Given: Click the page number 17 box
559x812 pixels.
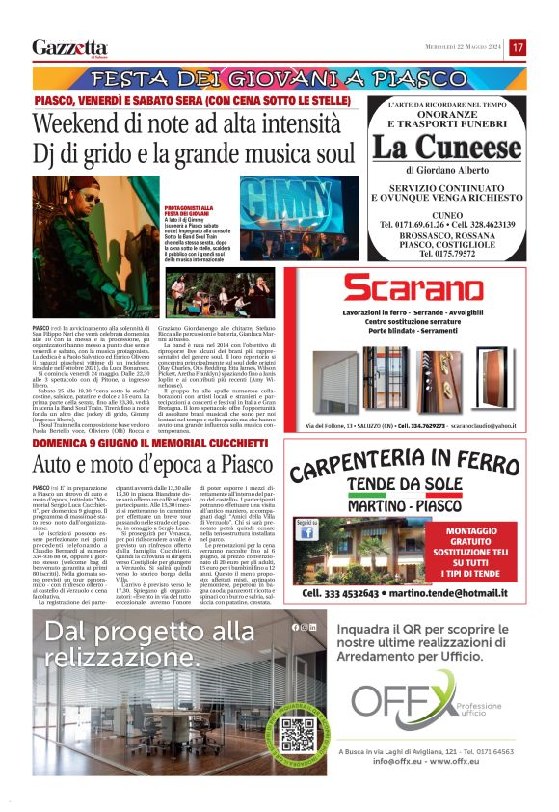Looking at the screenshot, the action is tap(518, 47).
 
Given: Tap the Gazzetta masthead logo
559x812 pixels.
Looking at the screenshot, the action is tap(69, 47).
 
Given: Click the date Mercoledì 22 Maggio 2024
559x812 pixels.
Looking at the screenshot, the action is tap(465, 47).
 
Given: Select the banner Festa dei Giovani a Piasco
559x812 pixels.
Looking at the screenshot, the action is tap(279, 77).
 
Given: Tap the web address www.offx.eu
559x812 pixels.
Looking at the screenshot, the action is tap(470, 761).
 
